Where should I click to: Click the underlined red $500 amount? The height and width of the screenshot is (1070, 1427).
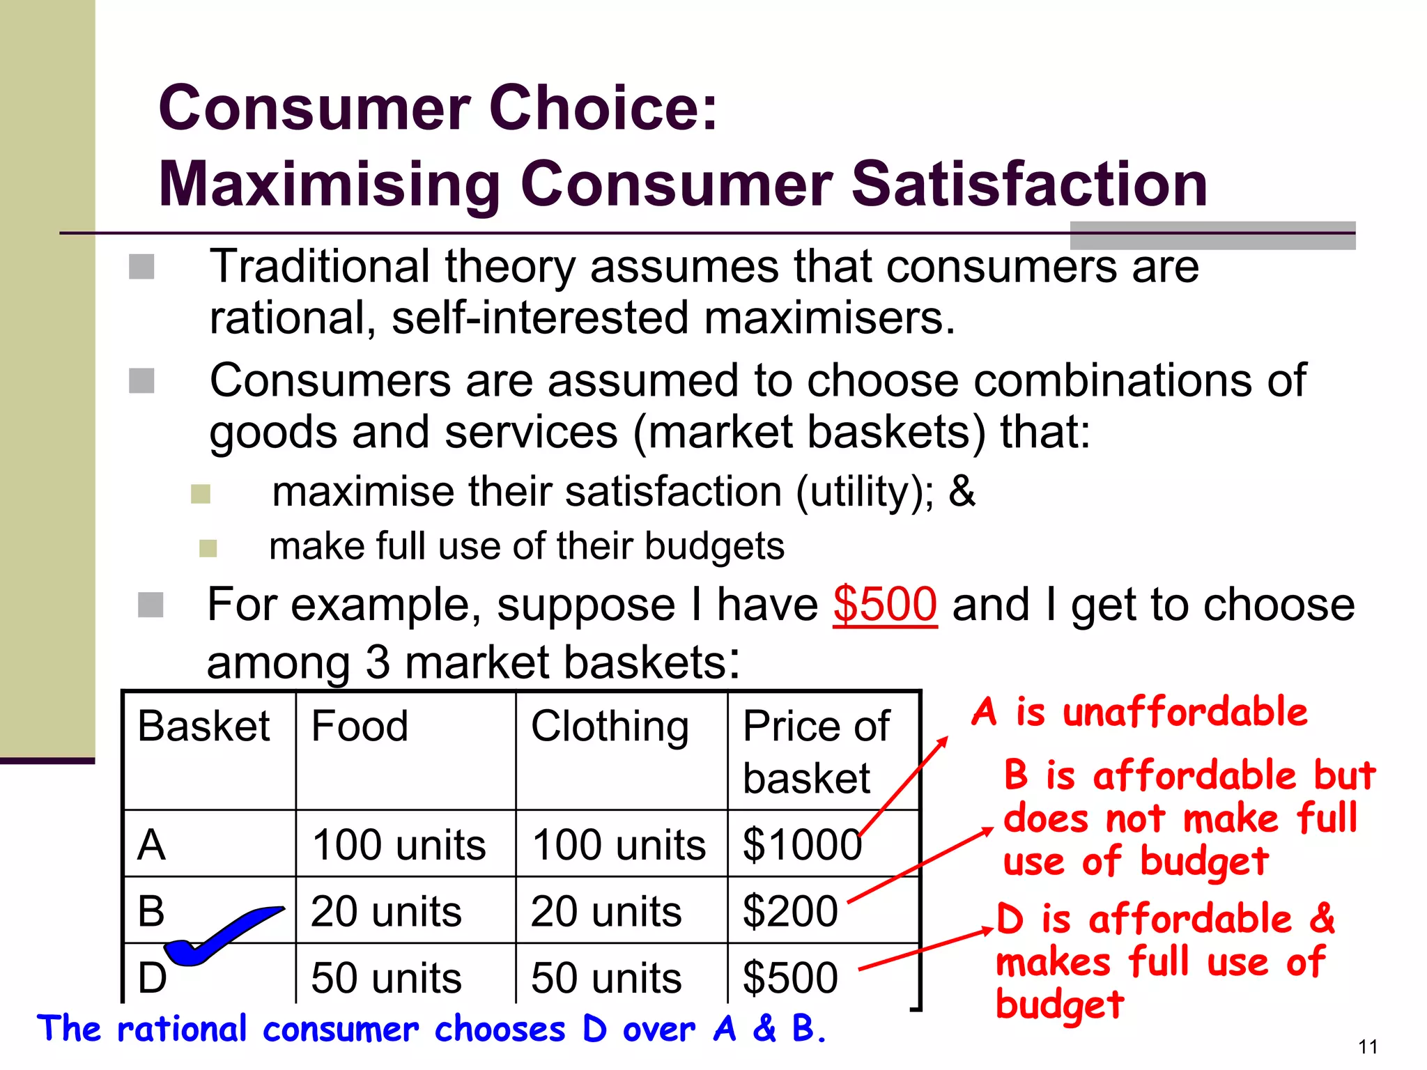884,604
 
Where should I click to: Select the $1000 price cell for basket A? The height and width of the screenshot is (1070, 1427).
802,844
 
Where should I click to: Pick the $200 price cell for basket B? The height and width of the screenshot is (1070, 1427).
790,911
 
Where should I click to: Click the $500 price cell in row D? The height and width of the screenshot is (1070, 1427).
790,977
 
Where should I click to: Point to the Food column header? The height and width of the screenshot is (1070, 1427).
360,726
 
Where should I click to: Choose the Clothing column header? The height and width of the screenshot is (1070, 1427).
610,726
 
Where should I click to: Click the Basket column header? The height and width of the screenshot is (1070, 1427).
203,726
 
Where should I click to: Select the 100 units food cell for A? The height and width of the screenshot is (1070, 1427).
399,844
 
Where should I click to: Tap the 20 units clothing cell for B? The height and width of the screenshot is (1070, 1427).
605,911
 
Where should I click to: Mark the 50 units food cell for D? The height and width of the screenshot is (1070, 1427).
386,977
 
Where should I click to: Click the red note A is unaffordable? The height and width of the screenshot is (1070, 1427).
1139,712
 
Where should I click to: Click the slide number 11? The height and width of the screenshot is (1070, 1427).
1368,1046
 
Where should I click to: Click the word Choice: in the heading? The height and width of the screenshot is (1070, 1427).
603,108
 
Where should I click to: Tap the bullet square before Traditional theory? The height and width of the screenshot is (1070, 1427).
141,267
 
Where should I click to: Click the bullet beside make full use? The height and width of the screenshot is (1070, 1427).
208,548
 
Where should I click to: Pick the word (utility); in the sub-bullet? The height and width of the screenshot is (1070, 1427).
865,492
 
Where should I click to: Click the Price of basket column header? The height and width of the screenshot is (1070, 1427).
816,751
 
